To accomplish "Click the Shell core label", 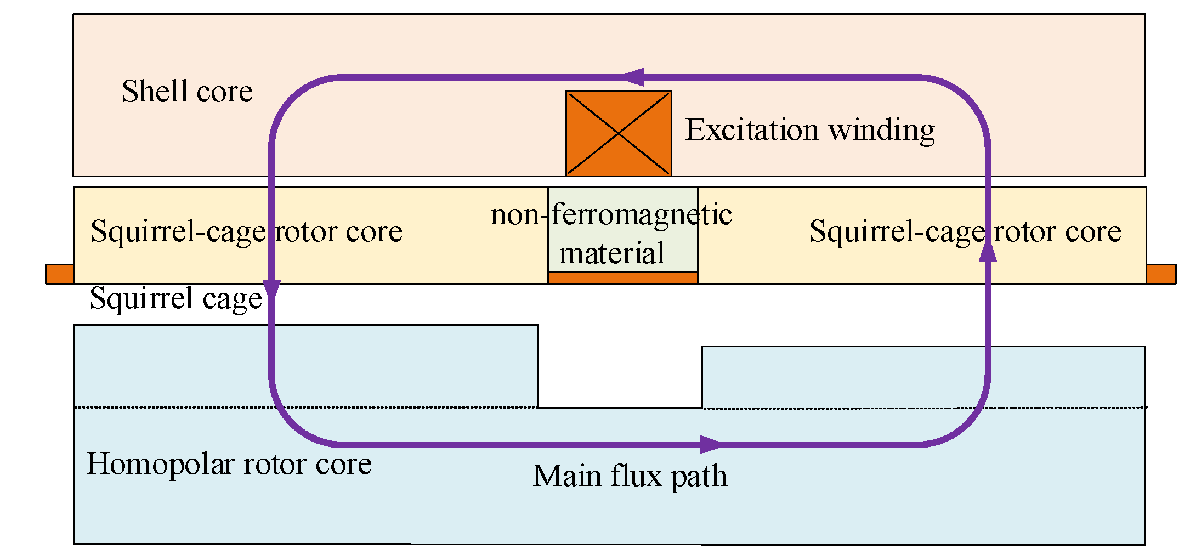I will click(187, 91).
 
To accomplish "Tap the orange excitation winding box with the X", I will click(619, 133).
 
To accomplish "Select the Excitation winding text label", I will click(810, 131).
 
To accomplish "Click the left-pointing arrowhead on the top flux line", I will click(633, 77).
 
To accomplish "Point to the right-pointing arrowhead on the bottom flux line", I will click(711, 444).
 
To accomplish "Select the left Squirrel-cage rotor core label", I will click(246, 231).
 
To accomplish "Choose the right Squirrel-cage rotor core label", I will click(965, 231).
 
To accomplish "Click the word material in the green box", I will click(611, 253).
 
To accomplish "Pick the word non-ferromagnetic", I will click(611, 214).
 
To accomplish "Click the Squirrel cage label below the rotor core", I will click(176, 299).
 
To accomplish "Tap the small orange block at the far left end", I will click(59, 274).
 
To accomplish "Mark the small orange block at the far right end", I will click(1161, 274).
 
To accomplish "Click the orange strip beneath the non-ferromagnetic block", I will click(622, 278).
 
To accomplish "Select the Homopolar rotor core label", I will click(229, 464).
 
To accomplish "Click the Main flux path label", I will click(630, 476).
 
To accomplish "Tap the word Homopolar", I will click(160, 464).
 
